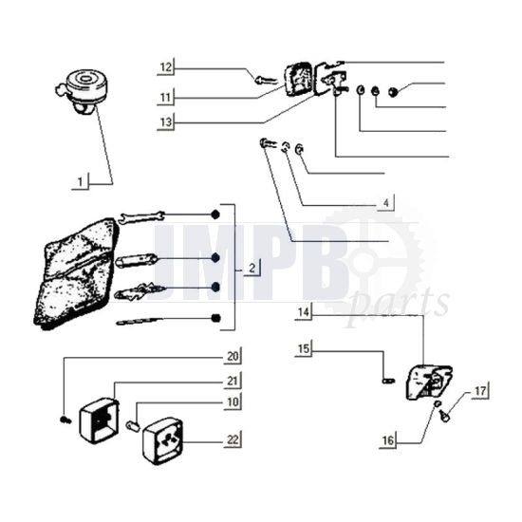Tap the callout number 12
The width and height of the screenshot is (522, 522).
tap(165, 67)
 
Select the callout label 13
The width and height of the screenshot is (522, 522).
tap(165, 122)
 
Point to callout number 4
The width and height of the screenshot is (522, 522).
tap(386, 202)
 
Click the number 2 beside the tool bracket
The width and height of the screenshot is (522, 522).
tap(251, 269)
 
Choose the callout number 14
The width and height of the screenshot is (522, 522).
tap(304, 311)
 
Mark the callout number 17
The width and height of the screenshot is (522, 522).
tap(480, 389)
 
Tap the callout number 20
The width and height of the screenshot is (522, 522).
tap(233, 357)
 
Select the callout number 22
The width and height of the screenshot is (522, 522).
tap(233, 438)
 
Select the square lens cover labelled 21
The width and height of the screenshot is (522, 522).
tap(100, 414)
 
